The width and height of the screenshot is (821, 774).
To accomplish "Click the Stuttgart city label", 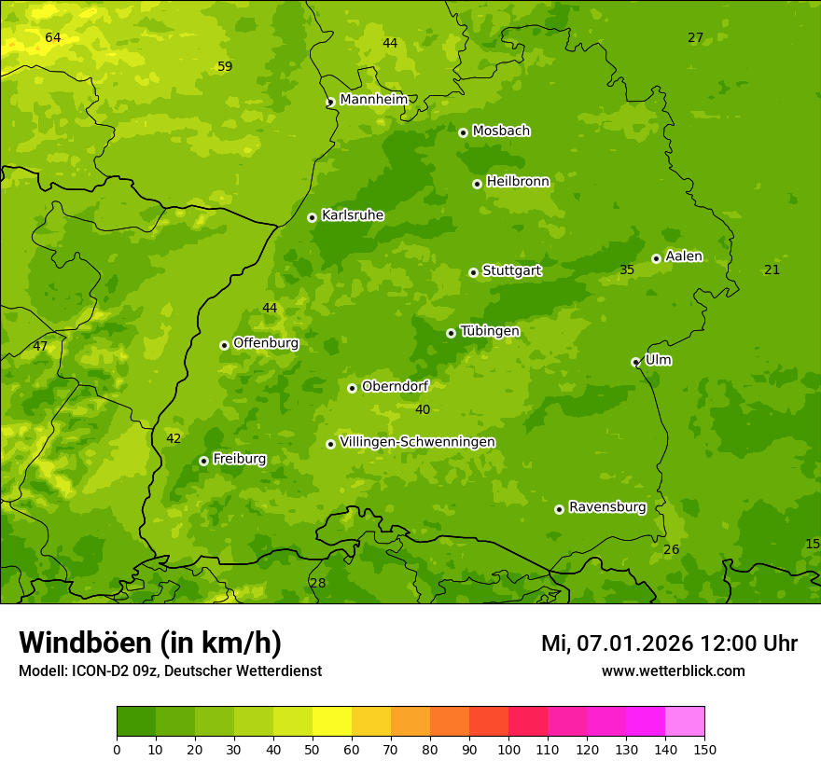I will [x=511, y=271].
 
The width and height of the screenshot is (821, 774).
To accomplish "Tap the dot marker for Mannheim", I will [x=330, y=103].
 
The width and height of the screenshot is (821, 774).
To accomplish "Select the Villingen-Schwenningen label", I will [x=417, y=442].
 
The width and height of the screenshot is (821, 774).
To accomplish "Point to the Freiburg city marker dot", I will [x=203, y=461].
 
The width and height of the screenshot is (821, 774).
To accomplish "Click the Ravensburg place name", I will [x=606, y=507].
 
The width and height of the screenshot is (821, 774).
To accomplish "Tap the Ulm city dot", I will [x=635, y=362].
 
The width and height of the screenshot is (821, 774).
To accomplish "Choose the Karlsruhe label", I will [x=352, y=215].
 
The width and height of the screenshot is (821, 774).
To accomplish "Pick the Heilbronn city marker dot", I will [x=477, y=184].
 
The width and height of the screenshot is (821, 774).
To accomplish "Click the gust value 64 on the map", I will [x=53, y=37].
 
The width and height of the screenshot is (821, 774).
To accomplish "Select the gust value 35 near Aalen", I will [x=627, y=270].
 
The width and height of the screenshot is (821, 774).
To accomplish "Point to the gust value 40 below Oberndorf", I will [x=423, y=409].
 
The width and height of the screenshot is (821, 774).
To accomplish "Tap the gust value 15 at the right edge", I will [x=812, y=544].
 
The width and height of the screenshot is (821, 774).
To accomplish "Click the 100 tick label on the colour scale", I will [x=508, y=749].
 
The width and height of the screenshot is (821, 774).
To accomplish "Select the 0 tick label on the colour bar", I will [x=117, y=749].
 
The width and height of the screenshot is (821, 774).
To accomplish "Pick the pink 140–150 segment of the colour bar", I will [x=685, y=722].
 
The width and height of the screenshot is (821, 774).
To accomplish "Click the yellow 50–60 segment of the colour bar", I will [x=332, y=722].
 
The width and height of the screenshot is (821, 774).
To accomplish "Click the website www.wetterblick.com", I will [x=673, y=671].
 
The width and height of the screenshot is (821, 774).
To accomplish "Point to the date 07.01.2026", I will [x=635, y=643].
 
